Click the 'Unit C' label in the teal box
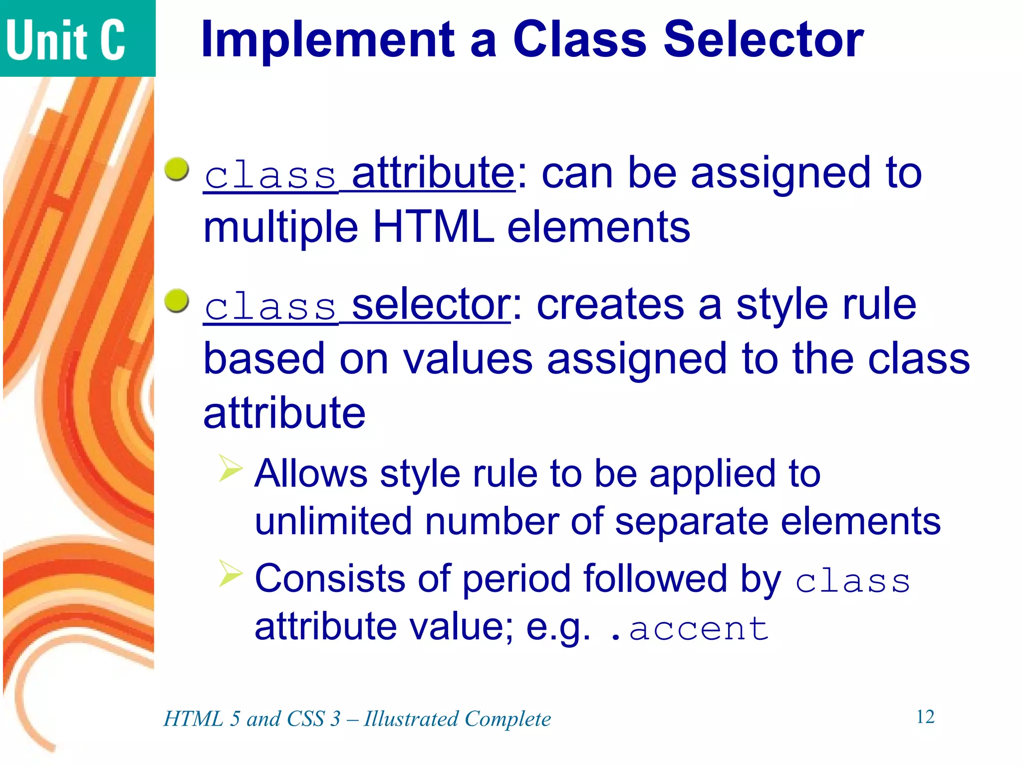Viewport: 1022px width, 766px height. [65, 40]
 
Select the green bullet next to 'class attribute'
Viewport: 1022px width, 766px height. [177, 170]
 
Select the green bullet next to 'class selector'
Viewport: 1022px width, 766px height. [177, 301]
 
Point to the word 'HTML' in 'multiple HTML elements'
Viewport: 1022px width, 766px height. [433, 227]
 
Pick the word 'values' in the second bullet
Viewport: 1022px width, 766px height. [468, 359]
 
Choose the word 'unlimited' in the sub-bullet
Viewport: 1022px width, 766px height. [333, 521]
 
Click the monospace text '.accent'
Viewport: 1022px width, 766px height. [689, 629]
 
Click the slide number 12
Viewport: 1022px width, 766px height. [925, 717]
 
